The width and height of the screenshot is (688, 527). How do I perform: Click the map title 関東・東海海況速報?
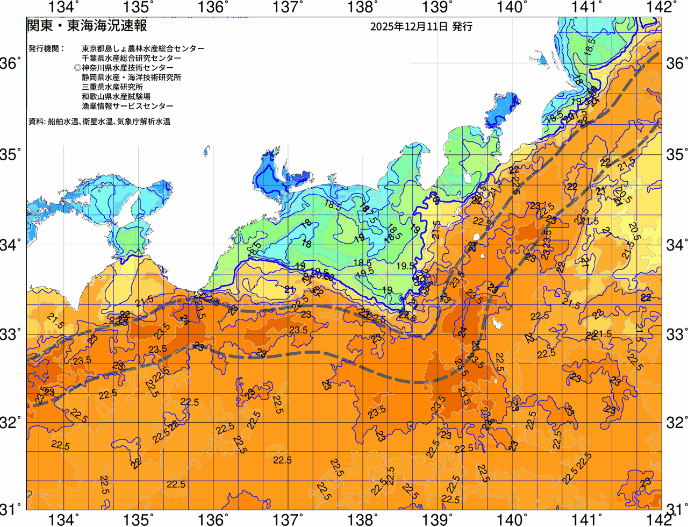click(87, 25)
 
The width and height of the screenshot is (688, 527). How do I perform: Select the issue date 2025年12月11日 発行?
click(421, 26)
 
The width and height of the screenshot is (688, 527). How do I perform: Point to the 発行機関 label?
click(46, 48)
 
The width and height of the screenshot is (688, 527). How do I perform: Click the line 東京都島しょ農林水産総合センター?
click(143, 48)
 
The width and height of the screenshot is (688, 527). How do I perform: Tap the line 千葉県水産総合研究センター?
click(131, 58)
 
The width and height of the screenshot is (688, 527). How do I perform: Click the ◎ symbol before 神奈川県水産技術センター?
click(77, 68)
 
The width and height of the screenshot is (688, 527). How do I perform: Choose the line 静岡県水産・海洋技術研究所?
click(131, 77)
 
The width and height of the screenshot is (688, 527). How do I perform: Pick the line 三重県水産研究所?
click(112, 87)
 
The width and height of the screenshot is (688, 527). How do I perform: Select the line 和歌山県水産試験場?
click(116, 97)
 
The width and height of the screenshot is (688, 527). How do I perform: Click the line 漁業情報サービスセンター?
click(127, 106)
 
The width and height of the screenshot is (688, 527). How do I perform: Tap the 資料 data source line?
click(99, 122)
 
